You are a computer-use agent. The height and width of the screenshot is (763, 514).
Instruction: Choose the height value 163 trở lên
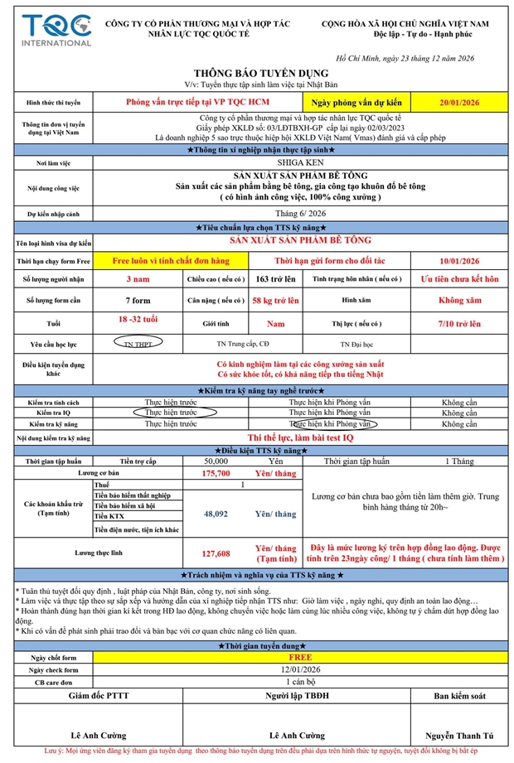tap(275, 279)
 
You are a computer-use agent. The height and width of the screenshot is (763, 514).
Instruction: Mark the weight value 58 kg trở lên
tap(275, 300)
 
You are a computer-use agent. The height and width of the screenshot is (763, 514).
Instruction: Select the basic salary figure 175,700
tap(216, 473)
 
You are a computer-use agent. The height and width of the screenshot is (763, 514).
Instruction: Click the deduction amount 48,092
tap(216, 514)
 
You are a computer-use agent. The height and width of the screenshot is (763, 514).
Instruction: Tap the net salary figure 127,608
tap(216, 553)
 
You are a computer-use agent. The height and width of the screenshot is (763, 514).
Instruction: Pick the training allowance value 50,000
tap(216, 461)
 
